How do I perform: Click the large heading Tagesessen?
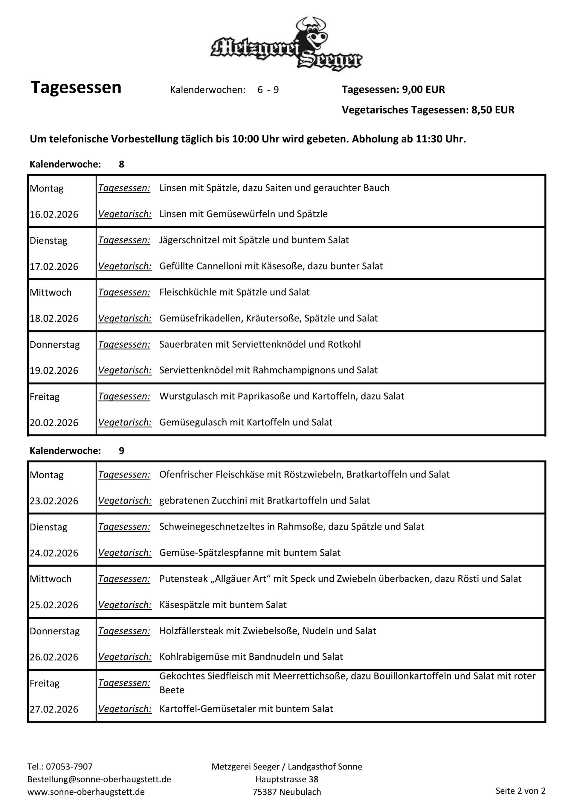tap(76, 87)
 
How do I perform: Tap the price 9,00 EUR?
tap(423, 89)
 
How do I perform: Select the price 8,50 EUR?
tap(493, 110)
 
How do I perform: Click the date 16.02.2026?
tap(54, 214)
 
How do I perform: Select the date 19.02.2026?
tap(54, 370)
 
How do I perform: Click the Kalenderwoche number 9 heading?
tap(121, 451)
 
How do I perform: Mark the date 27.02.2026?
tap(54, 709)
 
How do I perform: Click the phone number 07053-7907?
tap(69, 767)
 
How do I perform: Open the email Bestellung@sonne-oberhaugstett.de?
tap(99, 779)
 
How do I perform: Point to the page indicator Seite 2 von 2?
tap(520, 791)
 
